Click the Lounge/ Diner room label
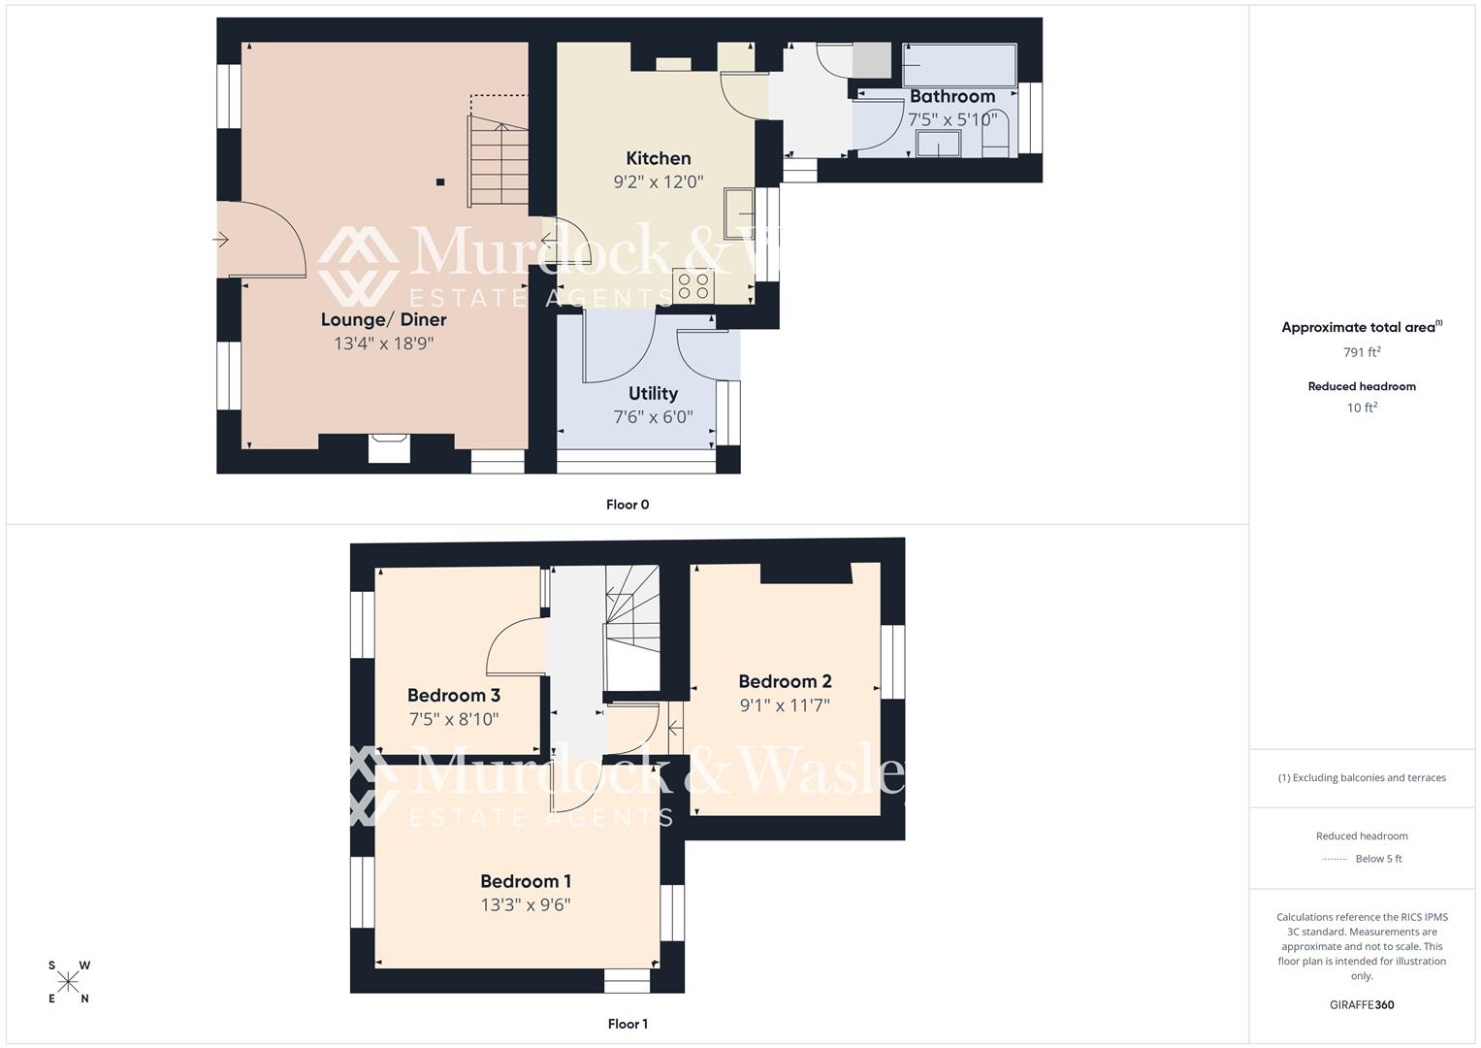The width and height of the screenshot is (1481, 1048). (383, 319)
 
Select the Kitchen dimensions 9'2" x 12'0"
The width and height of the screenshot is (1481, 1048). (658, 181)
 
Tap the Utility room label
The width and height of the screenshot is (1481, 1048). (653, 393)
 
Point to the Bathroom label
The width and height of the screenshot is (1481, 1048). (951, 96)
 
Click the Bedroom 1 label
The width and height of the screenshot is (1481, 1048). (525, 881)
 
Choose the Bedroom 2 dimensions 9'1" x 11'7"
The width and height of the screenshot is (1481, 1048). (785, 705)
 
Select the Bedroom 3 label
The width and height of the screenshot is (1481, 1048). (453, 695)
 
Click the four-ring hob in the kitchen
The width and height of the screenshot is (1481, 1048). (694, 285)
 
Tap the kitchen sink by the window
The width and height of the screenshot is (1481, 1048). (739, 213)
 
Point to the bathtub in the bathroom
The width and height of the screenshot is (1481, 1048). (958, 65)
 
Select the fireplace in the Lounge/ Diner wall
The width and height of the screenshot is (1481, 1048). (389, 447)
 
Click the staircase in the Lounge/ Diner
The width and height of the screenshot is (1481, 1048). (499, 160)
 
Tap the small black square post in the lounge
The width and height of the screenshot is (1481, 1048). (440, 181)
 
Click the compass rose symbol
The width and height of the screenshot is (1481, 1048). (68, 982)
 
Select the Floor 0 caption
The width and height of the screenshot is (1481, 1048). (628, 505)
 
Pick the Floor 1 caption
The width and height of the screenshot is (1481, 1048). (628, 1024)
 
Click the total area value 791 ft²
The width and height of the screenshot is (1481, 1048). (1361, 352)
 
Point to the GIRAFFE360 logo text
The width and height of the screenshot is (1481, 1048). (1361, 1004)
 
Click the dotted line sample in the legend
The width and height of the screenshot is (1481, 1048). (1335, 859)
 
